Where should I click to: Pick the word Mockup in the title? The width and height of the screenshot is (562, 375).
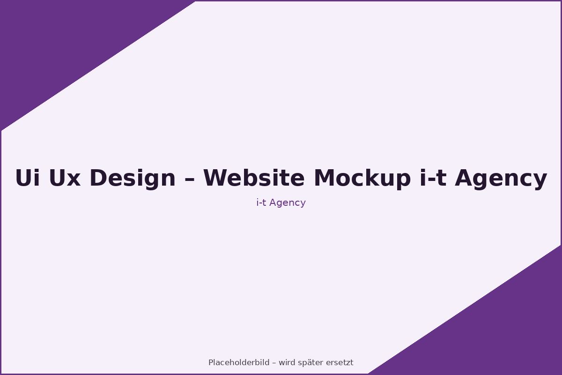(362, 179)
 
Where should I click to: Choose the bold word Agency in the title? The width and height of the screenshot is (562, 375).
(501, 179)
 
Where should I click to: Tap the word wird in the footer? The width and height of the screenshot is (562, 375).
(287, 362)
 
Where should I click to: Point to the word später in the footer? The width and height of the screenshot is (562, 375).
(311, 362)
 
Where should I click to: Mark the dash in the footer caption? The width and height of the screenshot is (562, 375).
(274, 363)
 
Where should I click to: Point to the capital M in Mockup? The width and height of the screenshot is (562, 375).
(324, 179)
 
